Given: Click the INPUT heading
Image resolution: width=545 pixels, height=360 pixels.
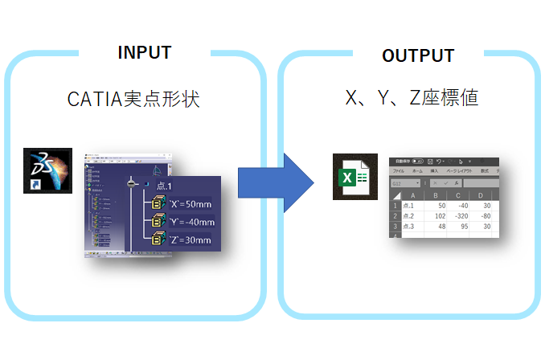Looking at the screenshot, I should point(145,53).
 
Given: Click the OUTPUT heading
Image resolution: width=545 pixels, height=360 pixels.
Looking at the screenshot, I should point(418,55).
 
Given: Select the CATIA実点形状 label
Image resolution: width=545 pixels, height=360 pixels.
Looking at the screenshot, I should point(133,100).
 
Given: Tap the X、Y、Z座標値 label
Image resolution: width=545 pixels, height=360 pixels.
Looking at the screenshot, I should point(412,99).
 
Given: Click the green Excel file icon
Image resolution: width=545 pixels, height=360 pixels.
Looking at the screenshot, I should point(350,176).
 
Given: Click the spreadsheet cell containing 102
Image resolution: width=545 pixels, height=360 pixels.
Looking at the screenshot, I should point(436,216).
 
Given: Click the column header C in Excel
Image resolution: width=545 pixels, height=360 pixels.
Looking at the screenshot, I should point(458,194).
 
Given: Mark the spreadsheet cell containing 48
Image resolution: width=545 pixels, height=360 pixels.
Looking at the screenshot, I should point(438,227).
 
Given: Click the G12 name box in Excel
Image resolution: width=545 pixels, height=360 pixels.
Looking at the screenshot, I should point(402,183).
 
